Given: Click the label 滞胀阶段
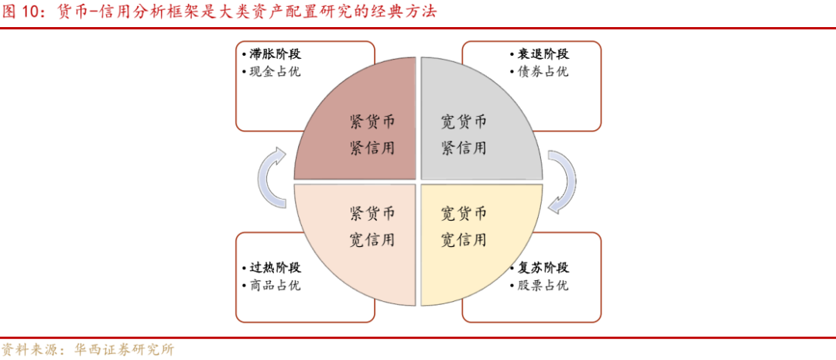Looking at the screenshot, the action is click(x=275, y=54).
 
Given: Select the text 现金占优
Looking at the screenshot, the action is click(x=275, y=72).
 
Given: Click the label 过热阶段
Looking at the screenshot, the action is click(x=275, y=268).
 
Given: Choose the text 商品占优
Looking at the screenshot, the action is click(x=275, y=286).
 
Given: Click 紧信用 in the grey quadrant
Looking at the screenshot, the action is click(x=464, y=147).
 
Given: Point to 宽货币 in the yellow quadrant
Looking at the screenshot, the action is click(x=464, y=214).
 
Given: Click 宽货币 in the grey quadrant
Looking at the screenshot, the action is click(x=464, y=122).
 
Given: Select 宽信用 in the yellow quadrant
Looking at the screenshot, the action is click(x=464, y=239).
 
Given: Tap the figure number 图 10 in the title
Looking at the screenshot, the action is click(x=26, y=12).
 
